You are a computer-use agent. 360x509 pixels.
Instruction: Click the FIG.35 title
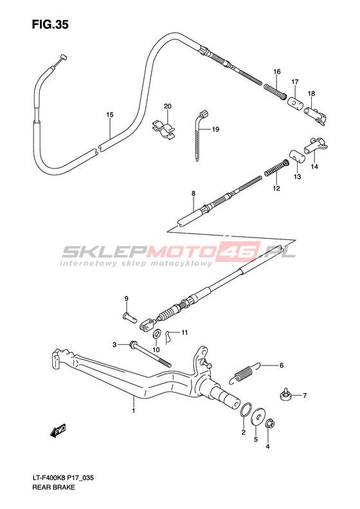click(x=50, y=24)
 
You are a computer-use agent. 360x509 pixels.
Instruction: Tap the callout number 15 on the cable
click(x=110, y=115)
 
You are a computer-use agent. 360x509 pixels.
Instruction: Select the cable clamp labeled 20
click(x=164, y=130)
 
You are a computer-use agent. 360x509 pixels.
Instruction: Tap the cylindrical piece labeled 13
click(x=297, y=156)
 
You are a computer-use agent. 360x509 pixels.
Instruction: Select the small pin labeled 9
click(x=129, y=317)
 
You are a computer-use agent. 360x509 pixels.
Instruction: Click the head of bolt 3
click(x=133, y=344)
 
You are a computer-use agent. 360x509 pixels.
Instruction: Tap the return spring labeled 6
click(x=245, y=373)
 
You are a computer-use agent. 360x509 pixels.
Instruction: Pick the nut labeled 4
click(x=269, y=423)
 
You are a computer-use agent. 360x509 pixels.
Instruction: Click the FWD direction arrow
click(x=58, y=430)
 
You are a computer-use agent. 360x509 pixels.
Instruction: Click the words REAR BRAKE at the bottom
click(x=53, y=487)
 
